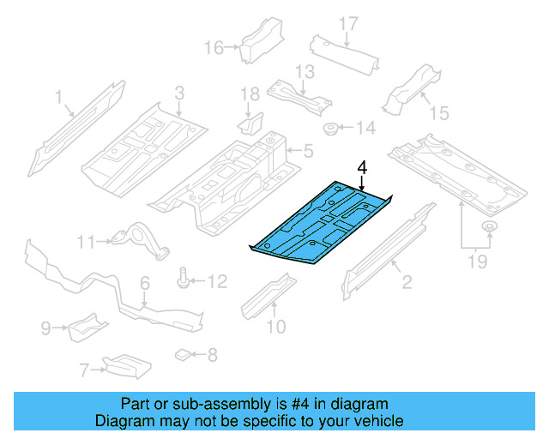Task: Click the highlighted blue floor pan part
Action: (322, 223)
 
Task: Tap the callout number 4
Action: (363, 167)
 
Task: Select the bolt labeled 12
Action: (184, 279)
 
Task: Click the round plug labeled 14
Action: (329, 129)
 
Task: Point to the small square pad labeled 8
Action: (181, 352)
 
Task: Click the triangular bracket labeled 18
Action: (248, 124)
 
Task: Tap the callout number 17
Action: (347, 23)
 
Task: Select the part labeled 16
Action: (257, 40)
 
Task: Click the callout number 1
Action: (59, 97)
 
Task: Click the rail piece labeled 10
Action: (266, 300)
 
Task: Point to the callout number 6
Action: (144, 282)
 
